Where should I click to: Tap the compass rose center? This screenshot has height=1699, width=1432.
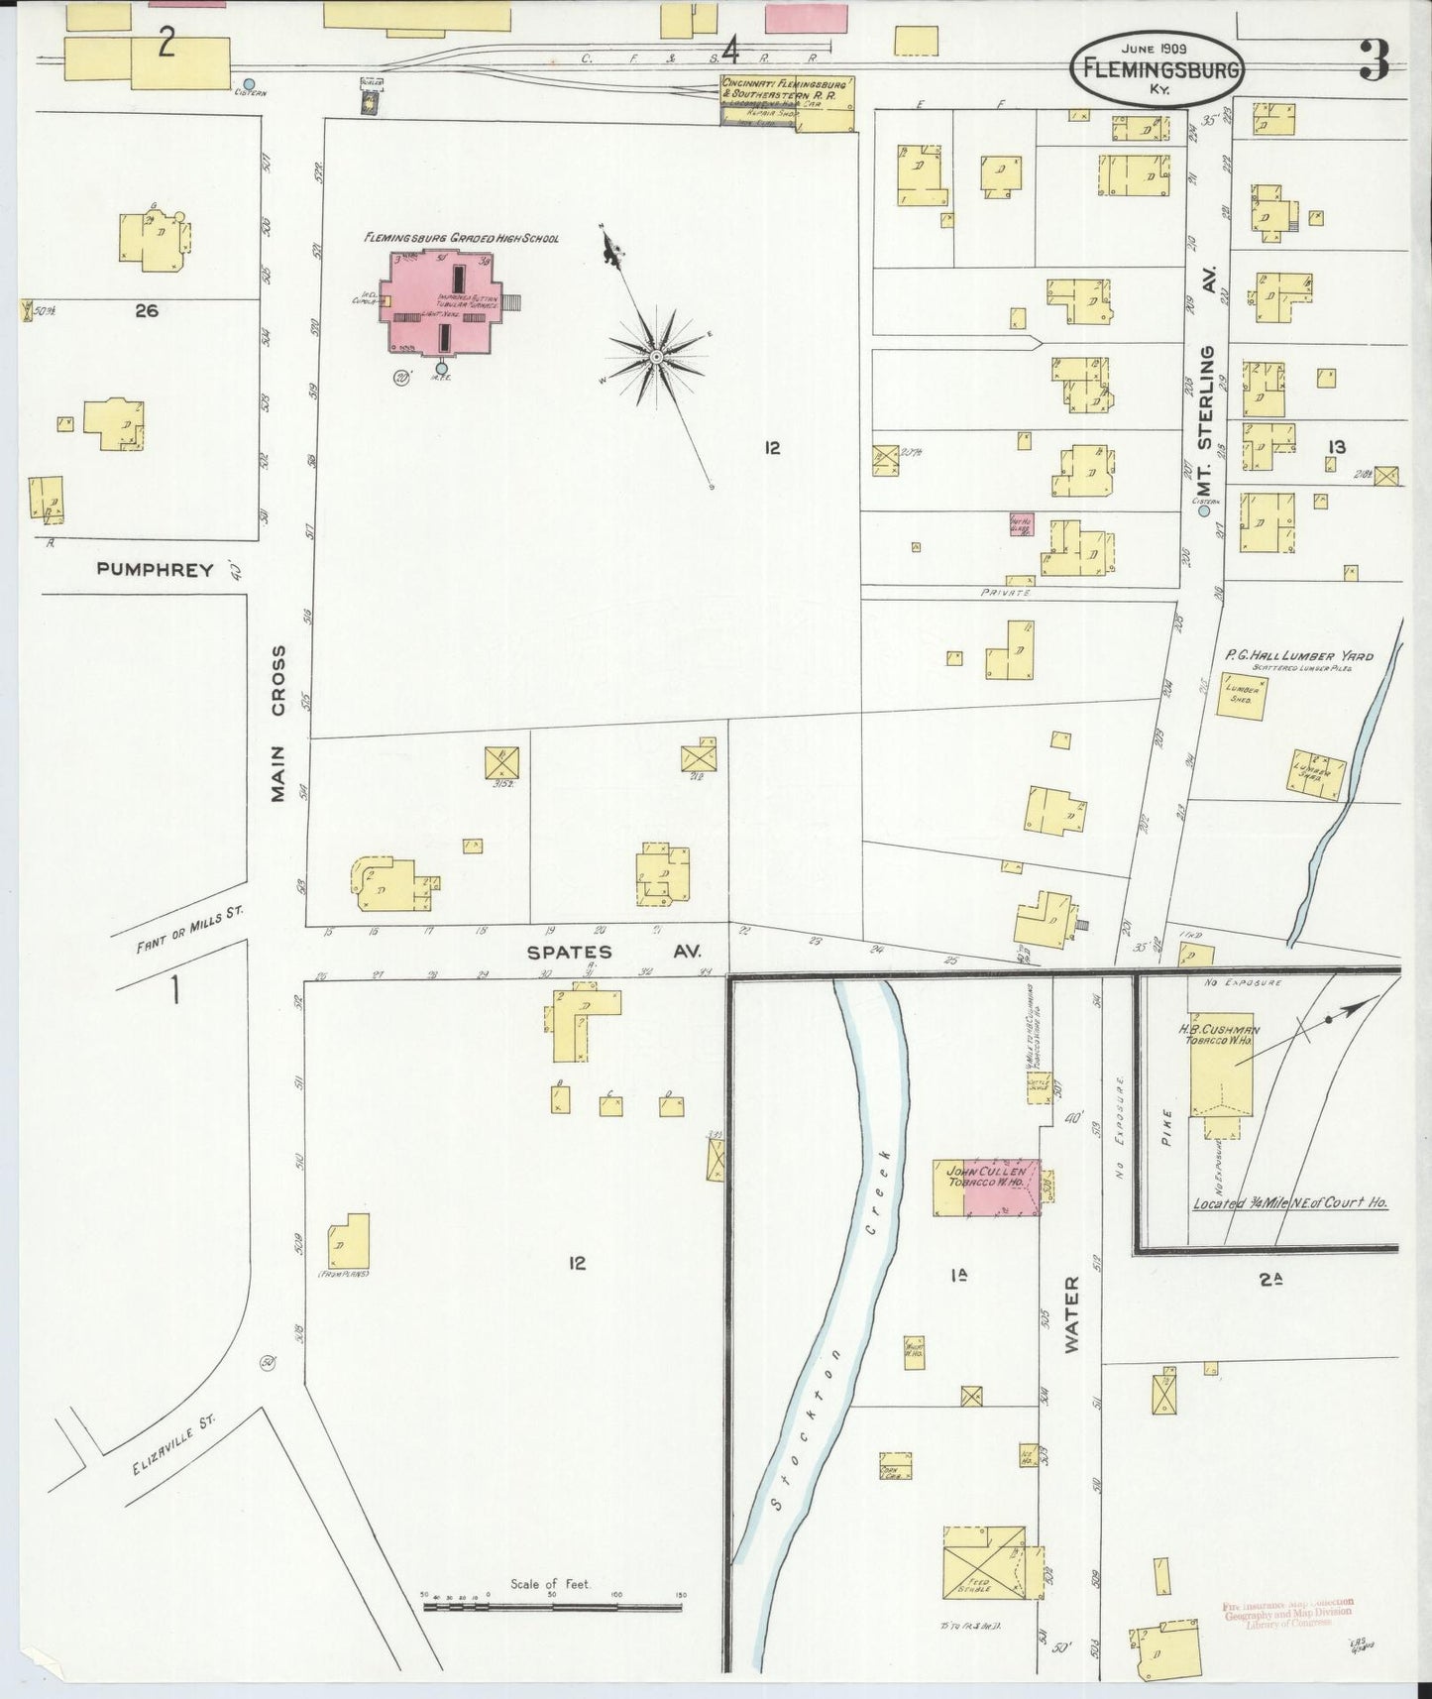pos(656,355)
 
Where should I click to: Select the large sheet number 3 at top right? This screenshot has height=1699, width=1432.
pos(1373,61)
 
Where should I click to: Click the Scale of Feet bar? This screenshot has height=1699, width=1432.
pos(553,1604)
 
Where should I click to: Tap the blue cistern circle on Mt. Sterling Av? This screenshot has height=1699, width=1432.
pos(1204,511)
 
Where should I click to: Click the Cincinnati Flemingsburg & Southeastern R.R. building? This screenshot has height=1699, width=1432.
pos(788,102)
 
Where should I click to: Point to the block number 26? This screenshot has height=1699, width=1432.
pos(147,310)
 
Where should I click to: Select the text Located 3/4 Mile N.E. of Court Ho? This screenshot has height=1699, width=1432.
pos(1289,1202)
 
